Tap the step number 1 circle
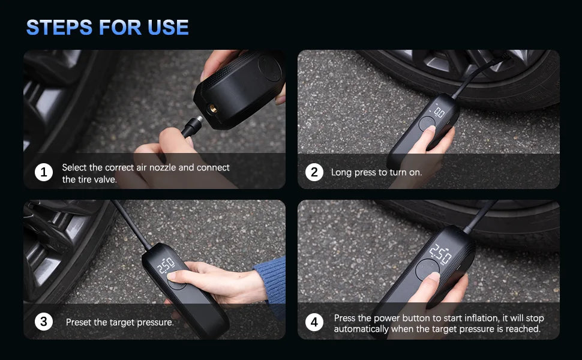43,173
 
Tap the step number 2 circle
314,173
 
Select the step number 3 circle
43,322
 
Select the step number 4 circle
314,323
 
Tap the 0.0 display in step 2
439,112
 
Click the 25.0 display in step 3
166,264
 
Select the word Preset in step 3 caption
79,322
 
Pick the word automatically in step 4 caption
361,329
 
